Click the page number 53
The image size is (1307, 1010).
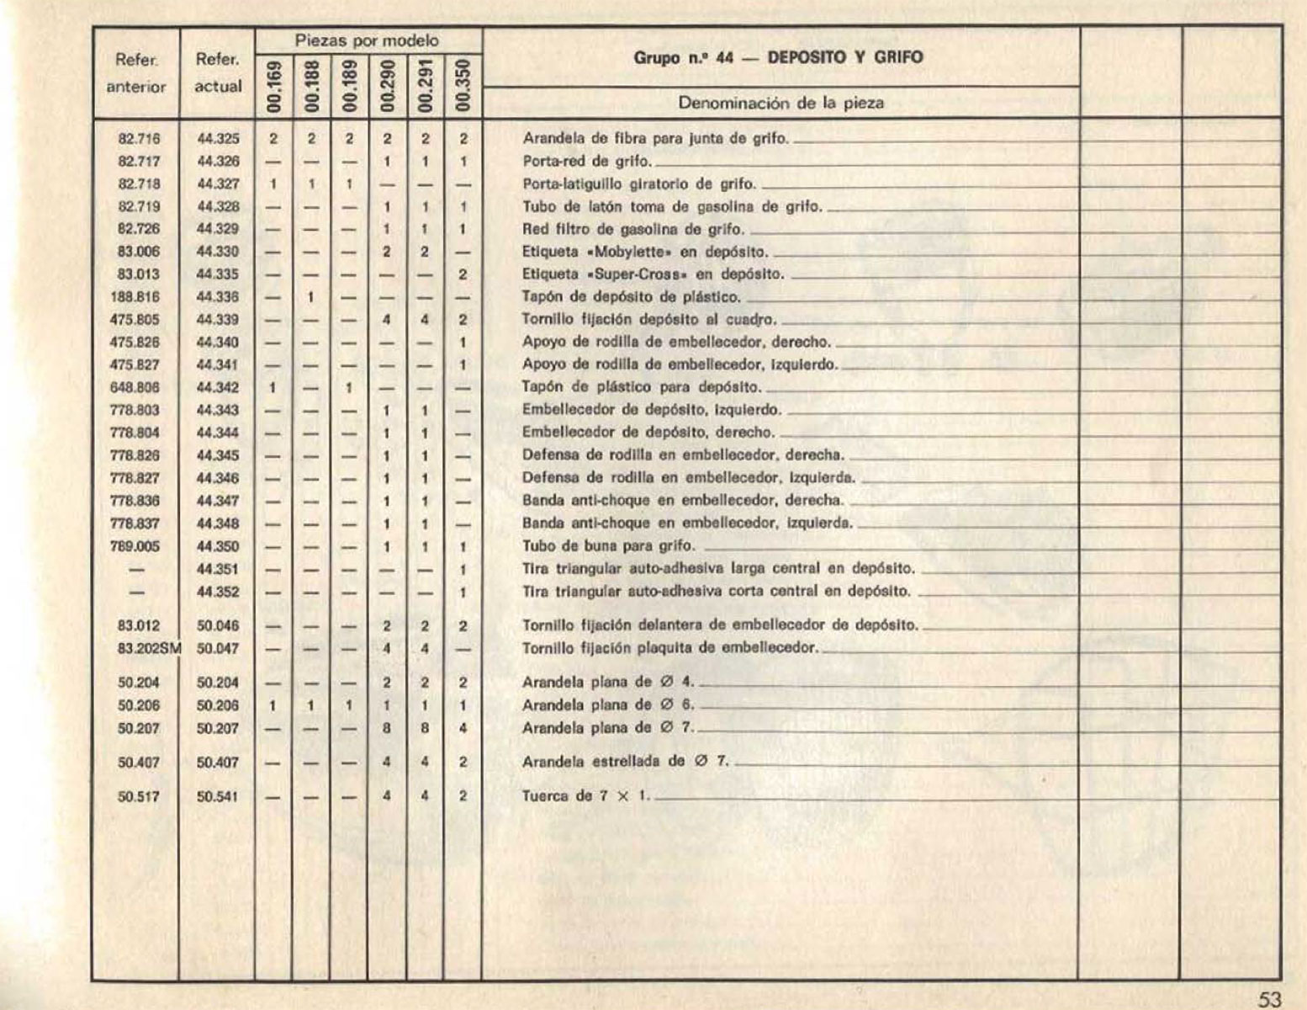click(x=1269, y=999)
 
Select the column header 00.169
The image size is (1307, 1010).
click(x=273, y=86)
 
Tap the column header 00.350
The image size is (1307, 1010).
click(x=463, y=86)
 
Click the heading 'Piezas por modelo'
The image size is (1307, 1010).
click(x=367, y=40)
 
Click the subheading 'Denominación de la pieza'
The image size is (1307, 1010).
click(x=781, y=104)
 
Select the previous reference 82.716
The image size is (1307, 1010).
click(x=139, y=139)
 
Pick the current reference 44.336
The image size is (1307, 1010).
click(x=218, y=297)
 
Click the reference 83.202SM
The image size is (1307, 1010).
click(x=150, y=649)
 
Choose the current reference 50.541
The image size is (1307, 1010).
click(x=218, y=796)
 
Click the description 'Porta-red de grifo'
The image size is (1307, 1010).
click(x=586, y=162)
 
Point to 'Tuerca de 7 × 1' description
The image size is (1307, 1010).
click(x=586, y=796)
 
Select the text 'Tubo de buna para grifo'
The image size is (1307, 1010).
click(x=608, y=546)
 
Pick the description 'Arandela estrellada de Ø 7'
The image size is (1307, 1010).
click(x=625, y=763)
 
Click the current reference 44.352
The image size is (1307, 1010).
click(x=218, y=592)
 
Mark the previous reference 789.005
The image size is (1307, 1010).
click(x=135, y=546)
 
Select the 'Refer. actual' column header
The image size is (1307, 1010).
click(x=218, y=73)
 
